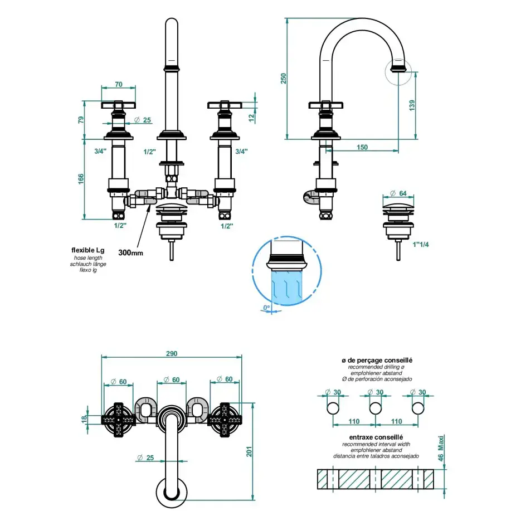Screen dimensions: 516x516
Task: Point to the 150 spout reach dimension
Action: coord(363,147)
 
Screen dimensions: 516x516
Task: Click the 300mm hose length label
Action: coord(131,252)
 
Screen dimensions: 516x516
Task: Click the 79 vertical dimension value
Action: coord(81,120)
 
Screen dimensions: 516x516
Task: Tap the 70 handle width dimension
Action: coord(118,84)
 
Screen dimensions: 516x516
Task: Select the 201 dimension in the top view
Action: coord(249,451)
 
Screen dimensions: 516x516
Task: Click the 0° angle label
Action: coord(266,307)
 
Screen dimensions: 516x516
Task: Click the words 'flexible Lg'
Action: coord(87,250)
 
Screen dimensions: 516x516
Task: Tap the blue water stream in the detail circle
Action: coord(287,287)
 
